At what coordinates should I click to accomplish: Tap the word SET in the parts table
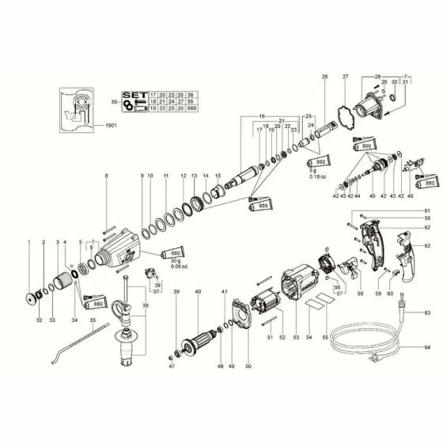(x=131, y=93)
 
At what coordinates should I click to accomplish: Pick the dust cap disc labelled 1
(x=33, y=299)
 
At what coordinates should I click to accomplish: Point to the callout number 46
(x=410, y=195)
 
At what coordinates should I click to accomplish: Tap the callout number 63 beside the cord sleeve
(x=427, y=313)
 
